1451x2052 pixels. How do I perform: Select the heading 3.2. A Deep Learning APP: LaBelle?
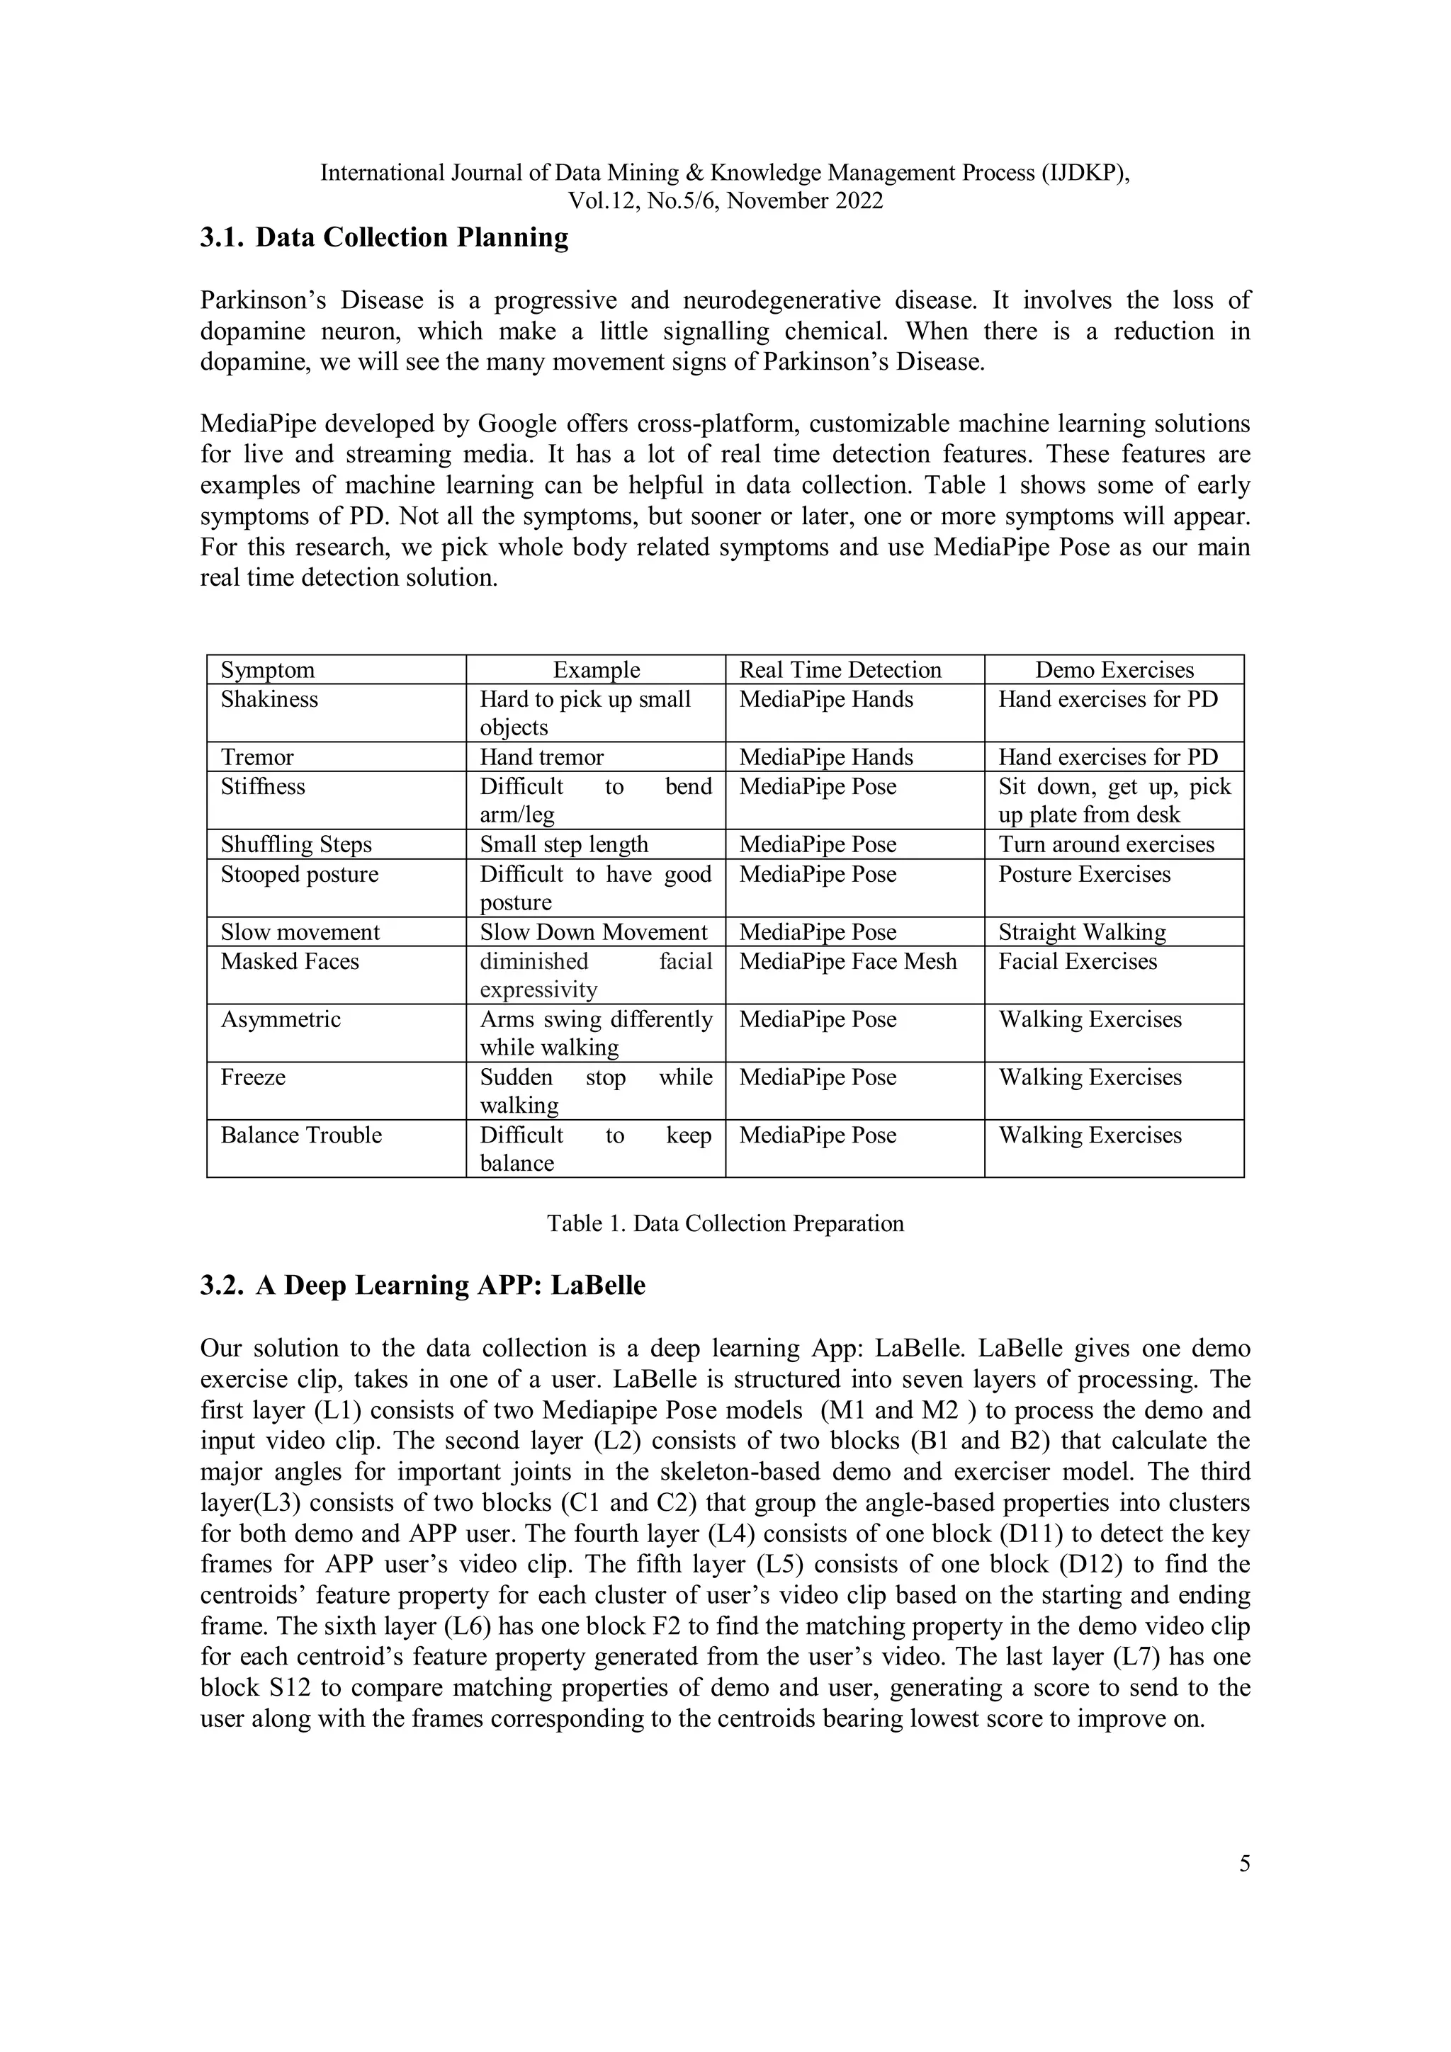(x=422, y=1285)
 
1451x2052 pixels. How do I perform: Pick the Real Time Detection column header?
(x=840, y=670)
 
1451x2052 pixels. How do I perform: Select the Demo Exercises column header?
(x=1114, y=670)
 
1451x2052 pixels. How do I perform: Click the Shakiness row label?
(x=269, y=699)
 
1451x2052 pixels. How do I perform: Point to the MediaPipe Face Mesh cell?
(x=847, y=962)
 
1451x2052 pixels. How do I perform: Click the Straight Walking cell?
(x=1082, y=932)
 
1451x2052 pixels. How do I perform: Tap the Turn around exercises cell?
(x=1106, y=844)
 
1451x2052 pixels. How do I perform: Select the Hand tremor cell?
(x=542, y=758)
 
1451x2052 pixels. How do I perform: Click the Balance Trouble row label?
(x=301, y=1135)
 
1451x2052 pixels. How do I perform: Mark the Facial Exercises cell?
(x=1078, y=962)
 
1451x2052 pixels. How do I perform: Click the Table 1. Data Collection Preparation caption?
(x=725, y=1223)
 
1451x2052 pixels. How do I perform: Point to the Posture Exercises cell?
(x=1083, y=874)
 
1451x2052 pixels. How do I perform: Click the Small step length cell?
(x=564, y=844)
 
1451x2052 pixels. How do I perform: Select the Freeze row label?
(x=253, y=1077)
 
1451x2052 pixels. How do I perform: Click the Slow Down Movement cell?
(x=594, y=932)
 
